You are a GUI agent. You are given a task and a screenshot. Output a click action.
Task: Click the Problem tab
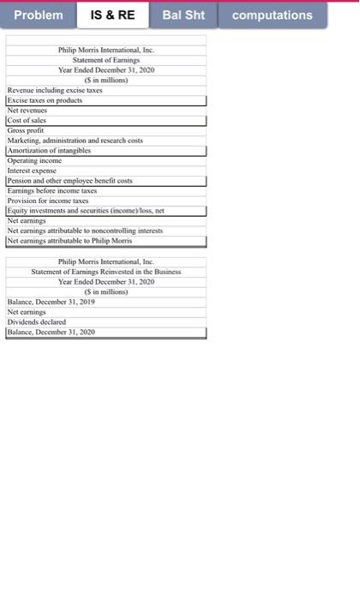[x=39, y=15]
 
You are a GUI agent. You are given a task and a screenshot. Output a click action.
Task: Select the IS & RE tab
[x=114, y=15]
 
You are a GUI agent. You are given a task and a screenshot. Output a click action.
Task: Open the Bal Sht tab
[x=183, y=15]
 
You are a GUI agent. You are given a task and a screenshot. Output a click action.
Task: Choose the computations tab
[x=273, y=15]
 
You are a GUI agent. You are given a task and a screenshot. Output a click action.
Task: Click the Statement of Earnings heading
[x=106, y=60]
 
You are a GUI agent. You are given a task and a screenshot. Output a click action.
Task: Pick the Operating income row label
[x=33, y=160]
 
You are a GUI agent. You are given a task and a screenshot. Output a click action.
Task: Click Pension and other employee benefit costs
[x=67, y=180]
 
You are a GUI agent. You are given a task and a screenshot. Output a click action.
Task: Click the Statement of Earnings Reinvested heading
[x=106, y=271]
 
